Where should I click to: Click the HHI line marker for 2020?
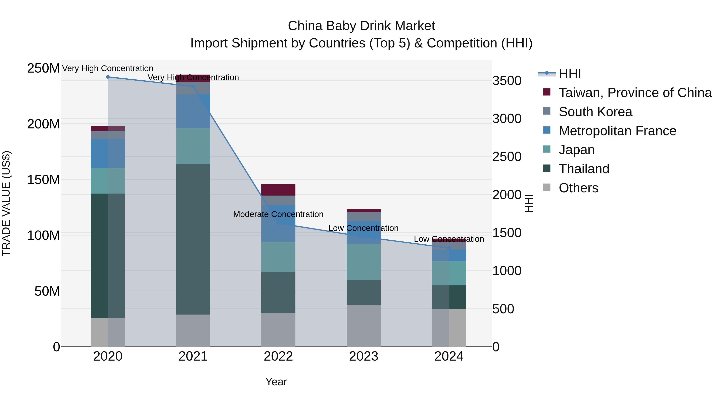coord(108,77)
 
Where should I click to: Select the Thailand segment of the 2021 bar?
coord(193,239)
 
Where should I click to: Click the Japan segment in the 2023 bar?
coord(364,262)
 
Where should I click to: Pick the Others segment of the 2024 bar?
coord(449,328)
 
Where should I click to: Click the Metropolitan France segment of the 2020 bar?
coord(108,153)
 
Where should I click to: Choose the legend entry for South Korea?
coord(595,112)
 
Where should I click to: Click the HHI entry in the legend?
coord(570,74)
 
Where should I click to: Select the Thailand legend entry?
coord(584,169)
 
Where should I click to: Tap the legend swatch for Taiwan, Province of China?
coord(547,92)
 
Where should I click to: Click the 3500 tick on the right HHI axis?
coord(507,81)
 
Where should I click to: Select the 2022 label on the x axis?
coord(278,356)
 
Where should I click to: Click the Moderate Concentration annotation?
coord(278,214)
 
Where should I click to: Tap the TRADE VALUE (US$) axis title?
coord(6,203)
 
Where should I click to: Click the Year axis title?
coord(276,382)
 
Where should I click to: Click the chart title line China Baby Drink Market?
coord(361,26)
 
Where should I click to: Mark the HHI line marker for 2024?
coord(449,248)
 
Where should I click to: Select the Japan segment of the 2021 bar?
coord(193,146)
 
